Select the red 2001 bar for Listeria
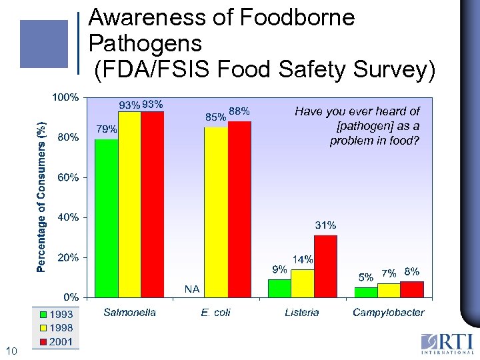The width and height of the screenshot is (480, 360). (325, 265)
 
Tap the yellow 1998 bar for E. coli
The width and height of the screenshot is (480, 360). (215, 211)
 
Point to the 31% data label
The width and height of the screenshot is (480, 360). (325, 225)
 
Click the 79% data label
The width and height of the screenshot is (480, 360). (107, 129)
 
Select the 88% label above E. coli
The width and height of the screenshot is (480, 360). (239, 111)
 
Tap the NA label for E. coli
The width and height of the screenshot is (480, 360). (192, 289)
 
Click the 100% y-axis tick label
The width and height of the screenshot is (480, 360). (66, 97)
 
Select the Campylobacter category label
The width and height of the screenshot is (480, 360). (388, 312)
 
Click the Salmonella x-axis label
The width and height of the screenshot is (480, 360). (129, 312)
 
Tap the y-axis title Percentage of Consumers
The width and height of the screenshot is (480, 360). (41, 197)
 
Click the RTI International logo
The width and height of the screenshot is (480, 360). (446, 343)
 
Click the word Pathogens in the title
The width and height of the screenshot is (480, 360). (145, 44)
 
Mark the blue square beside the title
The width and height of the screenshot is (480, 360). (44, 44)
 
